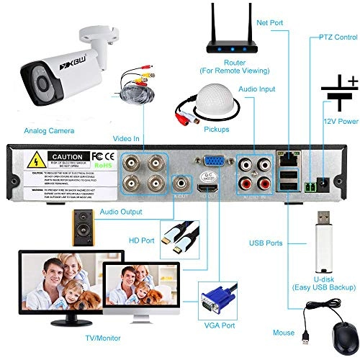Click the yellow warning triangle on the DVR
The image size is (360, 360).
pyautogui.click(x=35, y=159)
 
